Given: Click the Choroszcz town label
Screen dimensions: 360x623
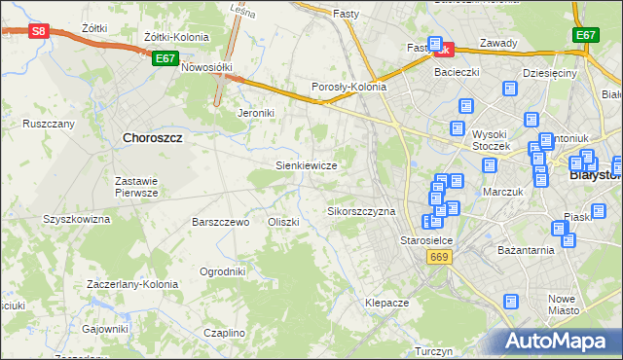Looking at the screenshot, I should [154, 138].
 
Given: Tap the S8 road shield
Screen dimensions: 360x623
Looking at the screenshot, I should [38, 31].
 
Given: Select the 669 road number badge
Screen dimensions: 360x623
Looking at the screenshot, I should [437, 256].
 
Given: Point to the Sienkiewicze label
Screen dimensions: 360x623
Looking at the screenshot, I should [307, 165].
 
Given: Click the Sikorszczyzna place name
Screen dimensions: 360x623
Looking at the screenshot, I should [361, 211].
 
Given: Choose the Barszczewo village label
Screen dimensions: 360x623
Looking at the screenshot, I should [221, 222].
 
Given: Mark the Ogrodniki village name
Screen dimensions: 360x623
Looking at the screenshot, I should [222, 271].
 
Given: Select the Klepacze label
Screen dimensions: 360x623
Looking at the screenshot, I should [386, 303].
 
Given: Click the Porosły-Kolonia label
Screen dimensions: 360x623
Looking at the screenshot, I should [348, 87].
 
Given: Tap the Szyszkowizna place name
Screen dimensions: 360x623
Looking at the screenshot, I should [76, 219].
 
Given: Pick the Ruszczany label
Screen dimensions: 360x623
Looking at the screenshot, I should [49, 125].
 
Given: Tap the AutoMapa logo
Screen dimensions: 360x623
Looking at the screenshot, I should [560, 342].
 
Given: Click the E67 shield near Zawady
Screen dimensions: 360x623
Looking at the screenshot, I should [585, 35].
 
